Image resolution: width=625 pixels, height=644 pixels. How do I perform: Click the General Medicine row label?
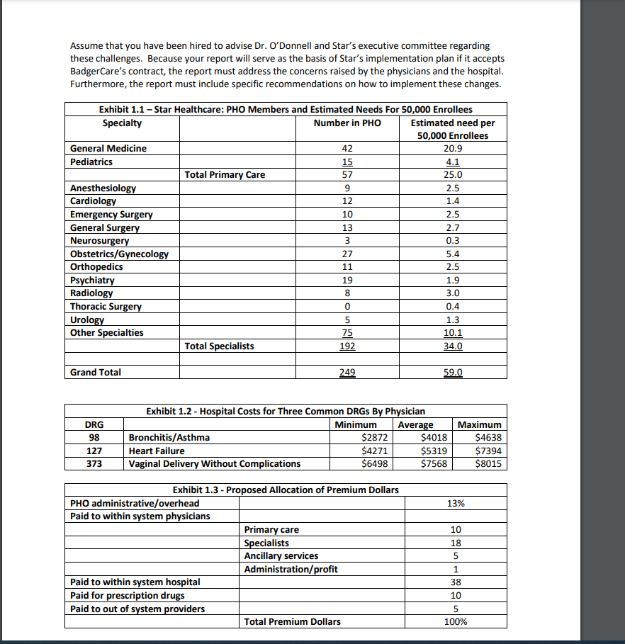[x=108, y=148]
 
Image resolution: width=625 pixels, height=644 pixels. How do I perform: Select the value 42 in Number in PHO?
[x=347, y=148]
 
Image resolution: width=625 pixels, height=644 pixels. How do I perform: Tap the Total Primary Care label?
[x=225, y=174]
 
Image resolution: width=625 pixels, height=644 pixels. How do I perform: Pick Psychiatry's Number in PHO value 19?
[x=347, y=280]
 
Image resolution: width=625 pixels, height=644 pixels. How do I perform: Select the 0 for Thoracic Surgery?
[x=347, y=306]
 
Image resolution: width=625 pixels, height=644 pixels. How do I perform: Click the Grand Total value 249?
[x=347, y=372]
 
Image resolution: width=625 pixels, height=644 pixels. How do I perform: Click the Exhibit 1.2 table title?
[x=285, y=411]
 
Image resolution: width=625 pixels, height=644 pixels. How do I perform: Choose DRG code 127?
[x=94, y=451]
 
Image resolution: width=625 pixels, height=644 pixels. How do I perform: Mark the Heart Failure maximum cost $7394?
[x=488, y=451]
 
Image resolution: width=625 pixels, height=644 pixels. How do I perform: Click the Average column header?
[x=415, y=424]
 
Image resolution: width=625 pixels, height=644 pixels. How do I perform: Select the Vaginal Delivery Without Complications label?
[x=214, y=463]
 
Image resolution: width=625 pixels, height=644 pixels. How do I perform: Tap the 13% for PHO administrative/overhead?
[x=456, y=503]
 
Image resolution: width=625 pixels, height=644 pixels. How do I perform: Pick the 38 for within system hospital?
[x=456, y=582]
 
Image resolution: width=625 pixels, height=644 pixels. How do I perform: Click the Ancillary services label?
[x=281, y=555]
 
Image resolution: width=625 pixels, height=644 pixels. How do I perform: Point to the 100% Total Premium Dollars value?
[x=456, y=621]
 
